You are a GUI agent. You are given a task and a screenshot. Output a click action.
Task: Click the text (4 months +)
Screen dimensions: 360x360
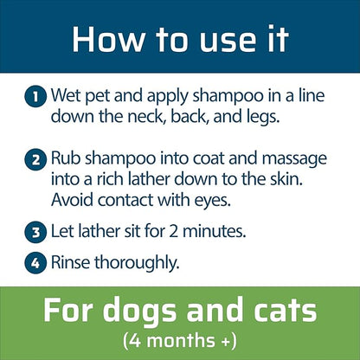(179, 339)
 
